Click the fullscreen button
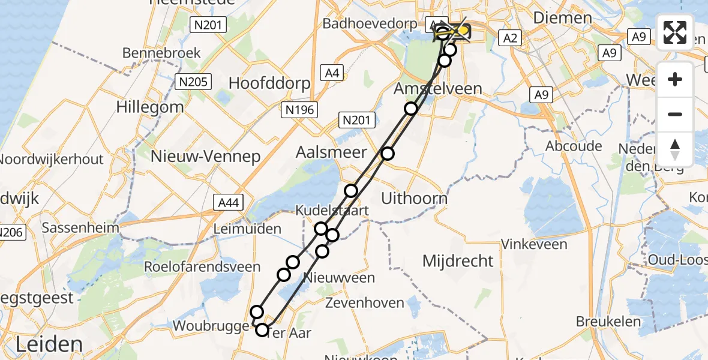pyautogui.click(x=675, y=32)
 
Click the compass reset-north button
pyautogui.click(x=675, y=149)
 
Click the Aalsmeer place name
pyautogui.click(x=323, y=152)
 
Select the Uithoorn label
pyautogui.click(x=415, y=198)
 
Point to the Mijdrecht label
pyautogui.click(x=458, y=261)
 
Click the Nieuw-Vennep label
pyautogui.click(x=206, y=157)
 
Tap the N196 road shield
pyautogui.click(x=299, y=109)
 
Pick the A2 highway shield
pyautogui.click(x=510, y=38)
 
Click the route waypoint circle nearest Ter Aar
pyautogui.click(x=262, y=329)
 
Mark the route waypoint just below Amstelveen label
pyautogui.click(x=411, y=109)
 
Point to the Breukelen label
pyautogui.click(x=608, y=322)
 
